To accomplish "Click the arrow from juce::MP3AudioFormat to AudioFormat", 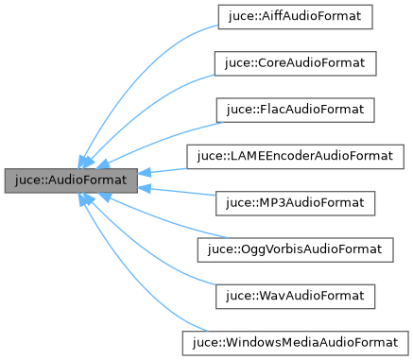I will point(170,194).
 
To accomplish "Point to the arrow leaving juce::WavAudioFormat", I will point(156,265).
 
